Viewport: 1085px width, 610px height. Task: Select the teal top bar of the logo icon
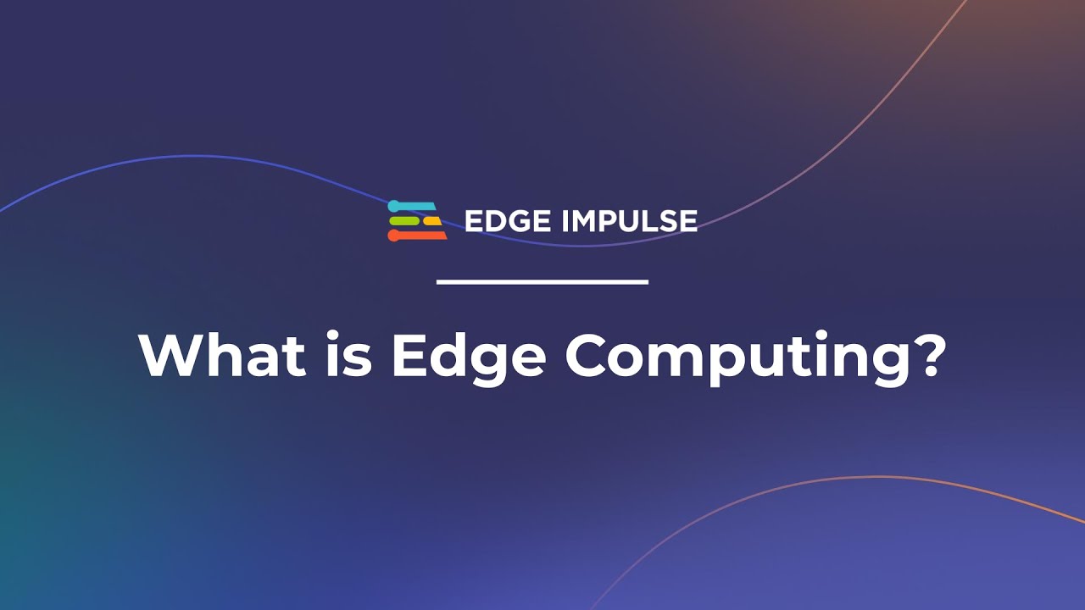415,206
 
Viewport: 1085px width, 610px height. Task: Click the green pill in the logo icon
404,221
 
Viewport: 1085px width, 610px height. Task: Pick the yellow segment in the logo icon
432,221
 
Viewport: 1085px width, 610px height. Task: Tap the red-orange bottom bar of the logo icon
420,236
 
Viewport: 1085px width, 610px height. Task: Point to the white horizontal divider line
542,281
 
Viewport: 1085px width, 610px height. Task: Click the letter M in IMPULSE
589,222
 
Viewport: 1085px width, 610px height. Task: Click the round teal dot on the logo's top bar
393,206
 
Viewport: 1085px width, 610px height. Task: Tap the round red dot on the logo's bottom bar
393,236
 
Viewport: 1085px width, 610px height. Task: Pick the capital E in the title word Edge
406,357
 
